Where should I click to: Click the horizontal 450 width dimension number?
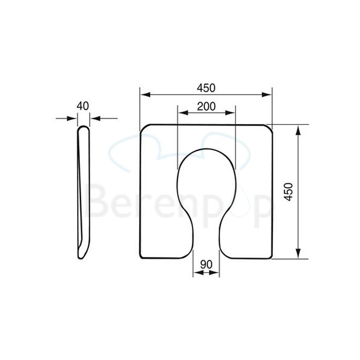[207, 88]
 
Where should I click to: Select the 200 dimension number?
[207, 106]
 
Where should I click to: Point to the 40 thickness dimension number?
[83, 106]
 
